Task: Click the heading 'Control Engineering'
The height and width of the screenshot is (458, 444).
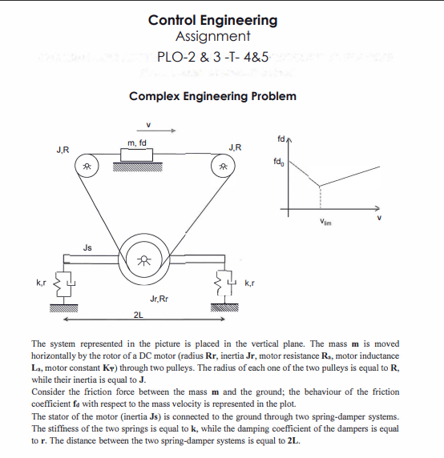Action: [213, 20]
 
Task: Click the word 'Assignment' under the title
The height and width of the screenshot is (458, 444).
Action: [213, 37]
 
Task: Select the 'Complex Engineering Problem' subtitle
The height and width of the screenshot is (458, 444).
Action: [213, 96]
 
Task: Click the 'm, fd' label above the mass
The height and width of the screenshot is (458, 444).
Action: [137, 143]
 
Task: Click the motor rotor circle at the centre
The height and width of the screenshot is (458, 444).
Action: [145, 260]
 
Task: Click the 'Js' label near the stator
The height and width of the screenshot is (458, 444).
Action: [86, 247]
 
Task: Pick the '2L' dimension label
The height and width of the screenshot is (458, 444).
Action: [139, 315]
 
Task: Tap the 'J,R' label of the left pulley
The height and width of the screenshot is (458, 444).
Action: [62, 149]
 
